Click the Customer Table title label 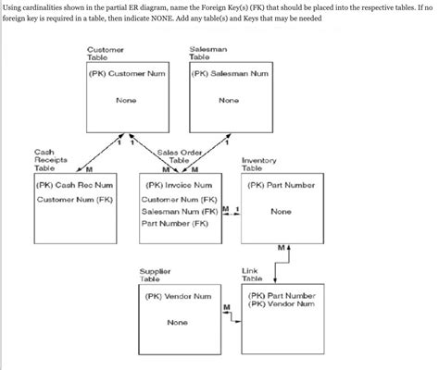[x=104, y=53]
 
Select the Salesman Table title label [x=206, y=53]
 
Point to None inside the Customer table [x=127, y=100]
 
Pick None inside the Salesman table [x=229, y=100]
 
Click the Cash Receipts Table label [x=50, y=160]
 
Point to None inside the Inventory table [x=282, y=211]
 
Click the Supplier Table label [x=155, y=275]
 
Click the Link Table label [x=251, y=275]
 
